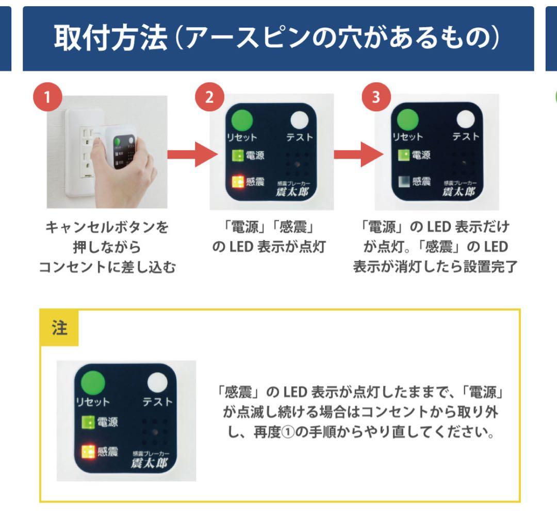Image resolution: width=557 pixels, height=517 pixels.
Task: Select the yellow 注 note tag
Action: point(59,328)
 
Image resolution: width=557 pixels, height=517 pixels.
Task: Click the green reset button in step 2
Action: point(240,122)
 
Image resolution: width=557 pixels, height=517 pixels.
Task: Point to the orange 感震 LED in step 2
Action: point(238,182)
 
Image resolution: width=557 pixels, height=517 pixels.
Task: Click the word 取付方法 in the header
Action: point(110,39)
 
